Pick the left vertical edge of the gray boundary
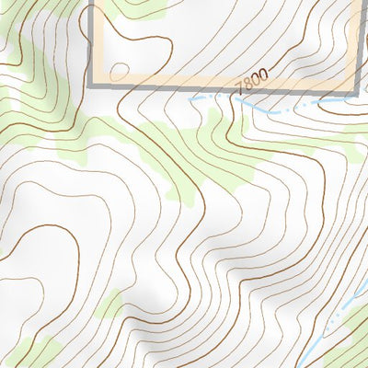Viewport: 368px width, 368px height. pyautogui.click(x=92, y=41)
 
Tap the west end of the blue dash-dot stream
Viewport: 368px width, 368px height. pyautogui.click(x=192, y=98)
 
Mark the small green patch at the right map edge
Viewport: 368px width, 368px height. pyautogui.click(x=361, y=138)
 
